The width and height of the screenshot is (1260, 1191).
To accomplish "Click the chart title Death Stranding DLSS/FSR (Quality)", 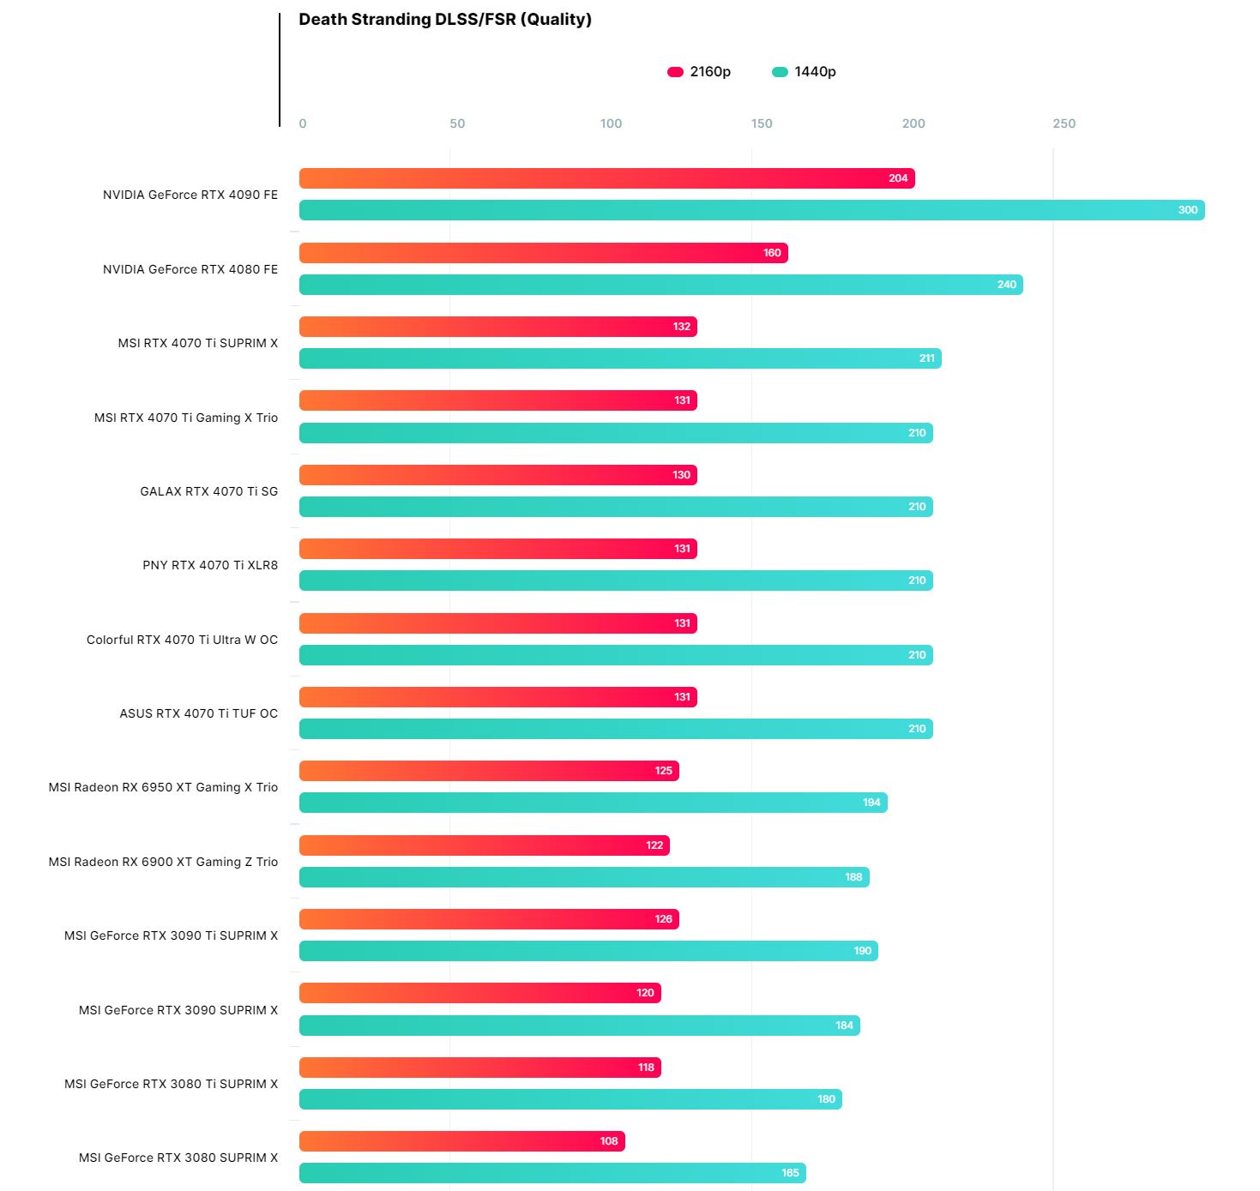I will pyautogui.click(x=444, y=20).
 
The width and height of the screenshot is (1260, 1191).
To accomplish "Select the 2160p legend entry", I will pyautogui.click(x=699, y=72).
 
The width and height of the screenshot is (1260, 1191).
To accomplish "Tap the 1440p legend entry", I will pyautogui.click(x=804, y=72).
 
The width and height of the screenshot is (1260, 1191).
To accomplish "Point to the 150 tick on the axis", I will pyautogui.click(x=762, y=123).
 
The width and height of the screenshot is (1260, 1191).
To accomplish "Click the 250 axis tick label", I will pyautogui.click(x=1064, y=123).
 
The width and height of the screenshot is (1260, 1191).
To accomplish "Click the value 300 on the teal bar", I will pyautogui.click(x=1187, y=210).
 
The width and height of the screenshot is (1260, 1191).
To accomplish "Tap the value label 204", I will pyautogui.click(x=898, y=178).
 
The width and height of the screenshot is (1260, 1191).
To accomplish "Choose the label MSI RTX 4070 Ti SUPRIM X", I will pyautogui.click(x=198, y=343).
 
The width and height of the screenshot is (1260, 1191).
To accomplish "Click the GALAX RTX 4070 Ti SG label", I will pyautogui.click(x=209, y=491).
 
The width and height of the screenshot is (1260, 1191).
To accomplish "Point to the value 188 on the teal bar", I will pyautogui.click(x=853, y=877).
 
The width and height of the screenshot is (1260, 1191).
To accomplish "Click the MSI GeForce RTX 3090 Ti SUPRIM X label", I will pyautogui.click(x=171, y=935).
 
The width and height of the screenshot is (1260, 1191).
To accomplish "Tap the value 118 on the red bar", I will pyautogui.click(x=646, y=1068).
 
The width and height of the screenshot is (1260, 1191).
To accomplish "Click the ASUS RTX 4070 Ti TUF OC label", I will pyautogui.click(x=199, y=713).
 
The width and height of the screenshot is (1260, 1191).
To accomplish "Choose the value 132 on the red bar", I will pyautogui.click(x=682, y=327).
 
